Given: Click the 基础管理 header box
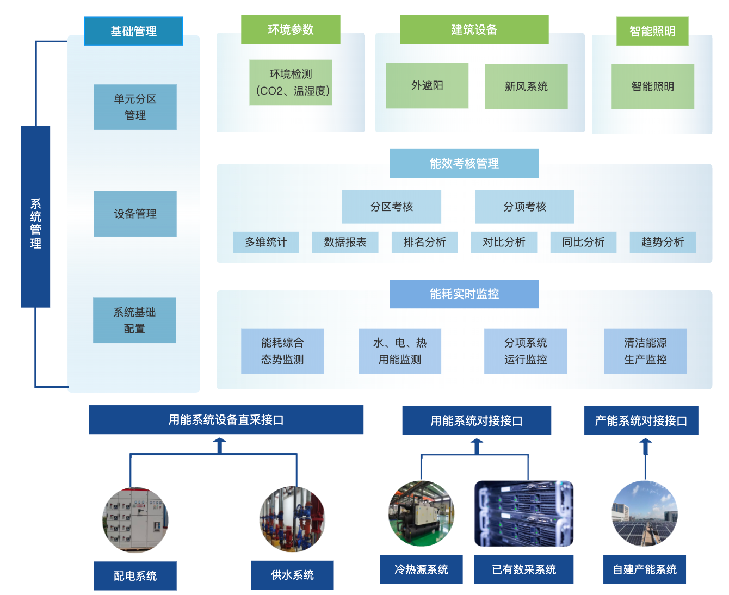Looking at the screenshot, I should click(x=133, y=31).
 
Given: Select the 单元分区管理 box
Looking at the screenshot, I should click(x=135, y=107).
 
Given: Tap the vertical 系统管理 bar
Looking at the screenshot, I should click(x=35, y=216).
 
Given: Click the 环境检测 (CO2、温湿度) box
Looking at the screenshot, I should click(x=291, y=82).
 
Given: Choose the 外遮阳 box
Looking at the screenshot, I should click(x=427, y=85).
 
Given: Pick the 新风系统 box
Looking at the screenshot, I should click(x=526, y=86).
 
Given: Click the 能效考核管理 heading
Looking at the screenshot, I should click(x=464, y=163).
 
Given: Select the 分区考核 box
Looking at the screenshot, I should click(x=391, y=207).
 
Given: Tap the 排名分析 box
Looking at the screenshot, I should click(x=424, y=242).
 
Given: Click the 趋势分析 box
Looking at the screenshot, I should click(x=662, y=242).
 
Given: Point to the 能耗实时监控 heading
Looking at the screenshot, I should click(x=464, y=294).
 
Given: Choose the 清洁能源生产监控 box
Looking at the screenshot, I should click(x=645, y=351).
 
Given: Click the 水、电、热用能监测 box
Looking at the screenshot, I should click(x=399, y=351).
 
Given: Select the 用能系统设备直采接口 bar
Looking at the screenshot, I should click(x=226, y=419).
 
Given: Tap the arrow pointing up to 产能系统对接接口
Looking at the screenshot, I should click(x=645, y=447).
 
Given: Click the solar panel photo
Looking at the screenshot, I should click(x=645, y=513).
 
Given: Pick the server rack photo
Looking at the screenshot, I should click(x=524, y=513).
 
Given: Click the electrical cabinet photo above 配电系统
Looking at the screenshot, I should click(x=135, y=520).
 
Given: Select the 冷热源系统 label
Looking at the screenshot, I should click(x=421, y=569).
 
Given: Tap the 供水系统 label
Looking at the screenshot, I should click(x=292, y=575).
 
